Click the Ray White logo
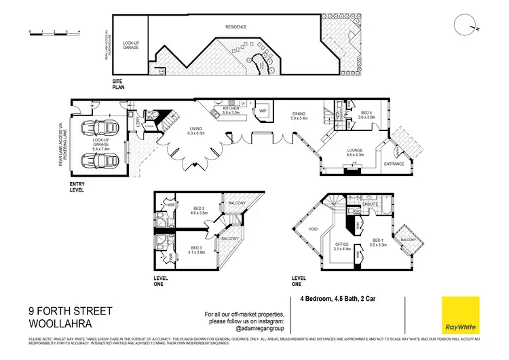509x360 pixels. [x=460, y=314]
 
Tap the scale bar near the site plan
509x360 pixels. [x=54, y=31]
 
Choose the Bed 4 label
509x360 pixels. [x=367, y=115]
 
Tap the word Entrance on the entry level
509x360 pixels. [x=394, y=164]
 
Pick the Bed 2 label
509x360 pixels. [x=199, y=209]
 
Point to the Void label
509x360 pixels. [x=313, y=229]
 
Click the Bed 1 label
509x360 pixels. [x=378, y=242]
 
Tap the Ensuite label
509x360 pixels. [x=370, y=203]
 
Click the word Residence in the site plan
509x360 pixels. [x=236, y=27]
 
